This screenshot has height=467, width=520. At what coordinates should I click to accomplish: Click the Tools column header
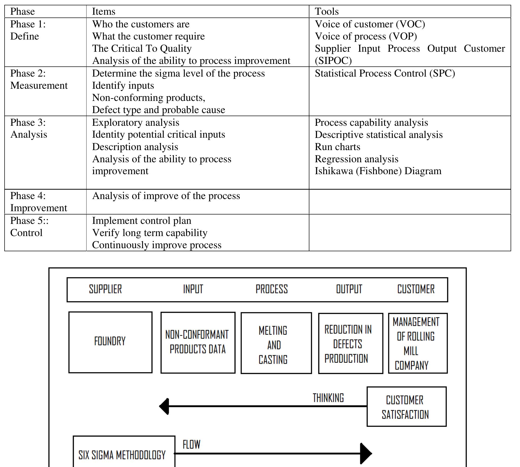point(327,12)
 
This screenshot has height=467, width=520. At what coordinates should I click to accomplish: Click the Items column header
point(104,12)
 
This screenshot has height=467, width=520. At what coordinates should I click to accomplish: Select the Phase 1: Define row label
point(28,30)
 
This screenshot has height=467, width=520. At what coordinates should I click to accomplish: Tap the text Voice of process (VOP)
point(366,36)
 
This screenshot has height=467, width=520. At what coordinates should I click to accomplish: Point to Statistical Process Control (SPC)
point(385,73)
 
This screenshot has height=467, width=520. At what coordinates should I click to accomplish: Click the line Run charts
point(338,147)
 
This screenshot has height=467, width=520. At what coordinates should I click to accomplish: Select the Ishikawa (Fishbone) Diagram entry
point(378,171)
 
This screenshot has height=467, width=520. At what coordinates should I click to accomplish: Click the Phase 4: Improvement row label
point(39,202)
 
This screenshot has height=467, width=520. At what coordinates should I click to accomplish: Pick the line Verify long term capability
point(150,233)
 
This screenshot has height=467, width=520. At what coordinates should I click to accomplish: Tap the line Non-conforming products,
point(149,98)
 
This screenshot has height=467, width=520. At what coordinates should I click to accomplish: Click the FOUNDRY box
point(110,342)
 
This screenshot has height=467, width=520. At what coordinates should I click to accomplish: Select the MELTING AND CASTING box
point(276,343)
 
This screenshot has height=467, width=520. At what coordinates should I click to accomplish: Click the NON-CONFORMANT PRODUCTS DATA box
point(198,342)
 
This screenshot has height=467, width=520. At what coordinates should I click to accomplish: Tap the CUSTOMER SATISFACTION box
point(406,407)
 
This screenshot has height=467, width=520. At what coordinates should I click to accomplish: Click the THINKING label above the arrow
point(328,398)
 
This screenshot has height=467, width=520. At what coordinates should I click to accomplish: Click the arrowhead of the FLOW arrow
point(366,453)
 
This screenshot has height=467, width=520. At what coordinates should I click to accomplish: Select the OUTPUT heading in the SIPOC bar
point(349,289)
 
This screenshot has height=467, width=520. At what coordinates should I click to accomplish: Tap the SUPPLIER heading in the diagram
point(105,289)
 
